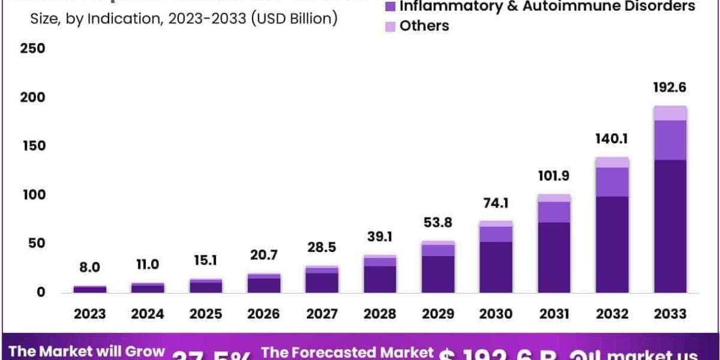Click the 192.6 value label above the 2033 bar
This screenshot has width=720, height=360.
[x=670, y=88]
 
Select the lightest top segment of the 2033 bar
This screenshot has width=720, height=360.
[x=670, y=113]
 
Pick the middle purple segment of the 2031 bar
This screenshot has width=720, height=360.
[x=554, y=212]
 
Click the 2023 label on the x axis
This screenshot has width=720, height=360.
[x=90, y=314]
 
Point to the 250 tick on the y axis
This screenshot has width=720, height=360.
[x=32, y=49]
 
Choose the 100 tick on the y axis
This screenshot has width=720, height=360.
[x=32, y=195]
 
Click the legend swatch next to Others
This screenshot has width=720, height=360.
[x=390, y=26]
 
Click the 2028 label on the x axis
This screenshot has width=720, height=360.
[x=380, y=314]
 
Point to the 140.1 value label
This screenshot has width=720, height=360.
[x=612, y=139]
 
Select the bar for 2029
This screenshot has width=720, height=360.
[x=438, y=267]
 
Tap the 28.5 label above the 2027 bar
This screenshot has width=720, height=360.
[x=322, y=248]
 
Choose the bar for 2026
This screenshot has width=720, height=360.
[x=264, y=283]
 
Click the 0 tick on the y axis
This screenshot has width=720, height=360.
[x=40, y=293]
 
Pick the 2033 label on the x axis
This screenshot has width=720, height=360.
[x=670, y=314]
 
